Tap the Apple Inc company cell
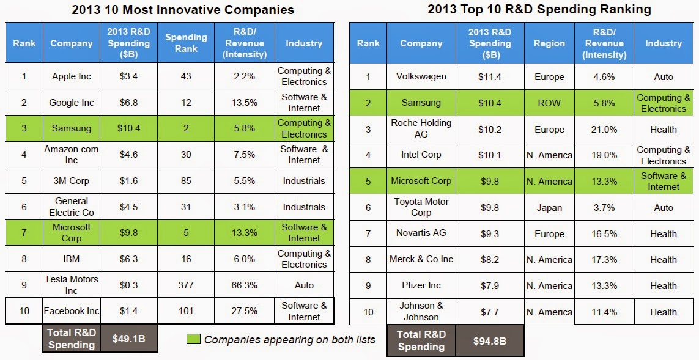tap(72, 76)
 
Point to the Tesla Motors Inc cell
tap(72, 285)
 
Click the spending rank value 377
tap(185, 285)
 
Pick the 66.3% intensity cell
tap(245, 285)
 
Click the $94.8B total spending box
tap(489, 341)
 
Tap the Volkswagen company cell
tap(421, 76)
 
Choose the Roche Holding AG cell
tap(421, 129)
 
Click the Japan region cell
tap(549, 207)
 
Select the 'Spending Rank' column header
tap(185, 43)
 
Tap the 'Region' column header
tap(549, 43)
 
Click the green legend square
tap(193, 339)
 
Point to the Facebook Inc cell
tap(72, 311)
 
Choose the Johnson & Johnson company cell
tap(421, 312)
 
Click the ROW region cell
tap(549, 103)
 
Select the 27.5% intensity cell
tap(245, 311)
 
